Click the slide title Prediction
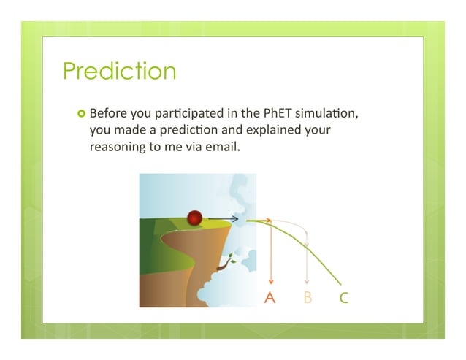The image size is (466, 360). click(119, 72)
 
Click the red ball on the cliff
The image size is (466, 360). click(194, 217)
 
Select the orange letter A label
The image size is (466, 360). click(270, 298)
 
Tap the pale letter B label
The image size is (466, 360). click(308, 298)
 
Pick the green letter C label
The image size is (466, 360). click(343, 298)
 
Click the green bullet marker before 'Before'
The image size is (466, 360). click(80, 115)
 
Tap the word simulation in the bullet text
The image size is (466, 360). click(329, 115)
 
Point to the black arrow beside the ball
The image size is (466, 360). click(223, 218)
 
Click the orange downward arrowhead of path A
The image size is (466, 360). click(271, 281)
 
